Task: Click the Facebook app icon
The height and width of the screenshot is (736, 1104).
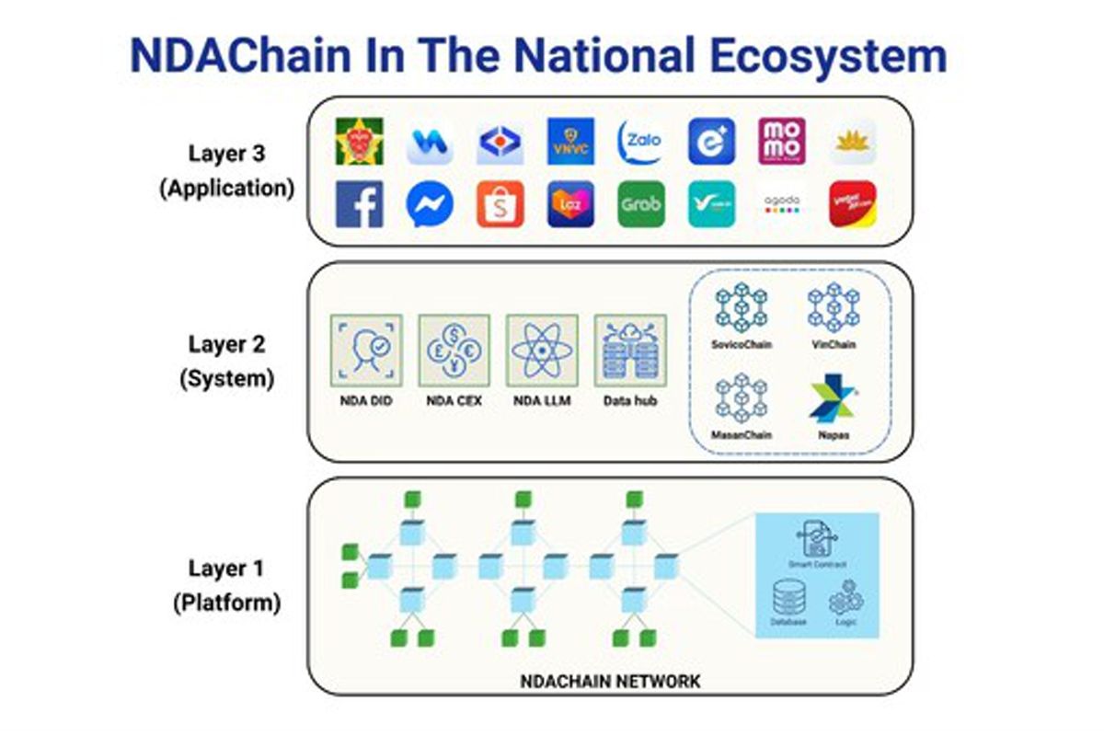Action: click(360, 204)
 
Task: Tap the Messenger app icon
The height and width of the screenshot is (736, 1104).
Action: click(430, 204)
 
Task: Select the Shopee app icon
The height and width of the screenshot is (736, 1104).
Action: click(500, 204)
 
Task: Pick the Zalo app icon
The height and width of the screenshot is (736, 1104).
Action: click(641, 142)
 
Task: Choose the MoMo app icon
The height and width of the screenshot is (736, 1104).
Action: click(782, 142)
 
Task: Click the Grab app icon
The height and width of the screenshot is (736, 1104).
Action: click(641, 204)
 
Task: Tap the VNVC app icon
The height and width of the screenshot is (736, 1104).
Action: click(570, 142)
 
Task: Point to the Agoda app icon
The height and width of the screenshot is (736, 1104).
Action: click(782, 204)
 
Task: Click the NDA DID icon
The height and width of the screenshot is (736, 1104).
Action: click(366, 351)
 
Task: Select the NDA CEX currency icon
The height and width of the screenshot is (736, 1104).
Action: click(454, 351)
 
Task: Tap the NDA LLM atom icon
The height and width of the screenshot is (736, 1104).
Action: click(543, 351)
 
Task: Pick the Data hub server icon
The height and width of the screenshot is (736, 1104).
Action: click(630, 351)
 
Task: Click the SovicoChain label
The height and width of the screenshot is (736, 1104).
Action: click(742, 345)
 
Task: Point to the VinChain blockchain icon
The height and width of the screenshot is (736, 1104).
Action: click(834, 307)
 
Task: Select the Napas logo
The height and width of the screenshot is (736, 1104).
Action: click(834, 398)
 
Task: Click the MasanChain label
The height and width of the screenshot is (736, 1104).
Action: click(742, 434)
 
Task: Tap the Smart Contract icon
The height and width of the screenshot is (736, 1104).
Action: click(817, 539)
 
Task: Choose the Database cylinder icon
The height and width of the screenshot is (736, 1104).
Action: click(788, 600)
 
